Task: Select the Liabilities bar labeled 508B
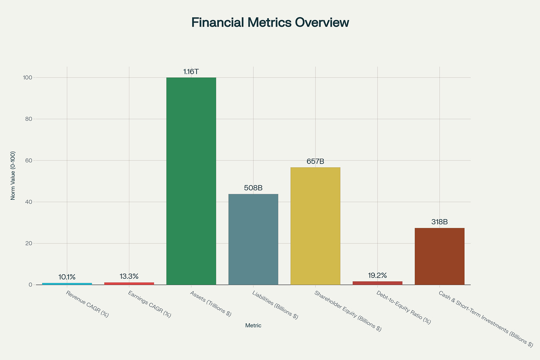(253, 239)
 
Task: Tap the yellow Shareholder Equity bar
(315, 226)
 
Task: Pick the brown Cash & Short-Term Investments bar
(439, 256)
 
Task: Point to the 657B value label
(315, 162)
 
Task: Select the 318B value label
(439, 222)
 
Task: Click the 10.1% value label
(67, 277)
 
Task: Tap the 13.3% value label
(129, 277)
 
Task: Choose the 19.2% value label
(378, 276)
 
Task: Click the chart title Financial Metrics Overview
(270, 23)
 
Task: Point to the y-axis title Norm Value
(13, 176)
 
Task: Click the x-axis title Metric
(253, 326)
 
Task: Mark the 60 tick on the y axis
(29, 161)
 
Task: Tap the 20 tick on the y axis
(29, 244)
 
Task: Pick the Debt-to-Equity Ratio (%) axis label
(404, 307)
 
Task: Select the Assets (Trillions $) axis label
(211, 304)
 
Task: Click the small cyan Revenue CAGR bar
(67, 284)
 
